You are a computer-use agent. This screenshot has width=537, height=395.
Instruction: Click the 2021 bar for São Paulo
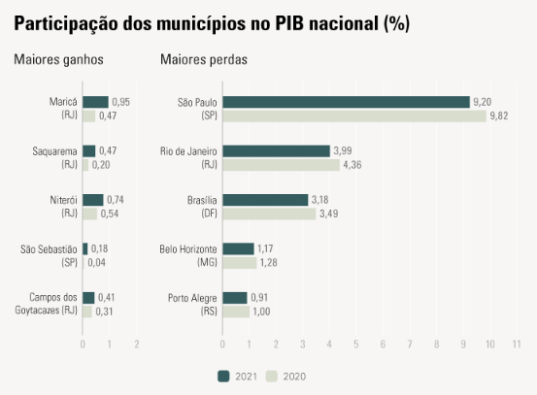click(x=346, y=102)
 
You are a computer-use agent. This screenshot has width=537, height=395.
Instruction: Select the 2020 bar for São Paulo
click(x=353, y=116)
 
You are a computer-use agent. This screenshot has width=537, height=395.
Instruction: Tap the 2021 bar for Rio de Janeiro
click(x=276, y=150)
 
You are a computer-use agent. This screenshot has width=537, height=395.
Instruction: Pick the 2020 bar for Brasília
click(x=269, y=214)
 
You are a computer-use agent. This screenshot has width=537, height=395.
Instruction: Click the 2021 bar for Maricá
click(x=95, y=102)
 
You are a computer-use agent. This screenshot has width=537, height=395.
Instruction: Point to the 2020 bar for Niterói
click(x=89, y=214)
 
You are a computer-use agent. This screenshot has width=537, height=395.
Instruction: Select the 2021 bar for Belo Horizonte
click(x=238, y=248)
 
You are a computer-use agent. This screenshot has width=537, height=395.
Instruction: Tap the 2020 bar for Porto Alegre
click(x=236, y=312)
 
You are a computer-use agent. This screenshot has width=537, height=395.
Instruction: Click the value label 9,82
click(x=500, y=116)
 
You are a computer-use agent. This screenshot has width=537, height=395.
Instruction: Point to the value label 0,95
click(x=121, y=102)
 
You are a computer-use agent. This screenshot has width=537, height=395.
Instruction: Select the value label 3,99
click(x=344, y=151)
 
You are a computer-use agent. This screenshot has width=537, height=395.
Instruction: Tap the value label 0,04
click(x=96, y=263)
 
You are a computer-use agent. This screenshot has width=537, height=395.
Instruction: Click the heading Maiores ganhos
click(x=58, y=60)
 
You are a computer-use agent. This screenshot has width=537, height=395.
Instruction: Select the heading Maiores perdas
click(x=204, y=60)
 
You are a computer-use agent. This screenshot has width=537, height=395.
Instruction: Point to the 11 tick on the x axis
click(x=517, y=345)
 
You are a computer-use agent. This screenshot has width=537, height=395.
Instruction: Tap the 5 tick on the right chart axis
click(x=356, y=345)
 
